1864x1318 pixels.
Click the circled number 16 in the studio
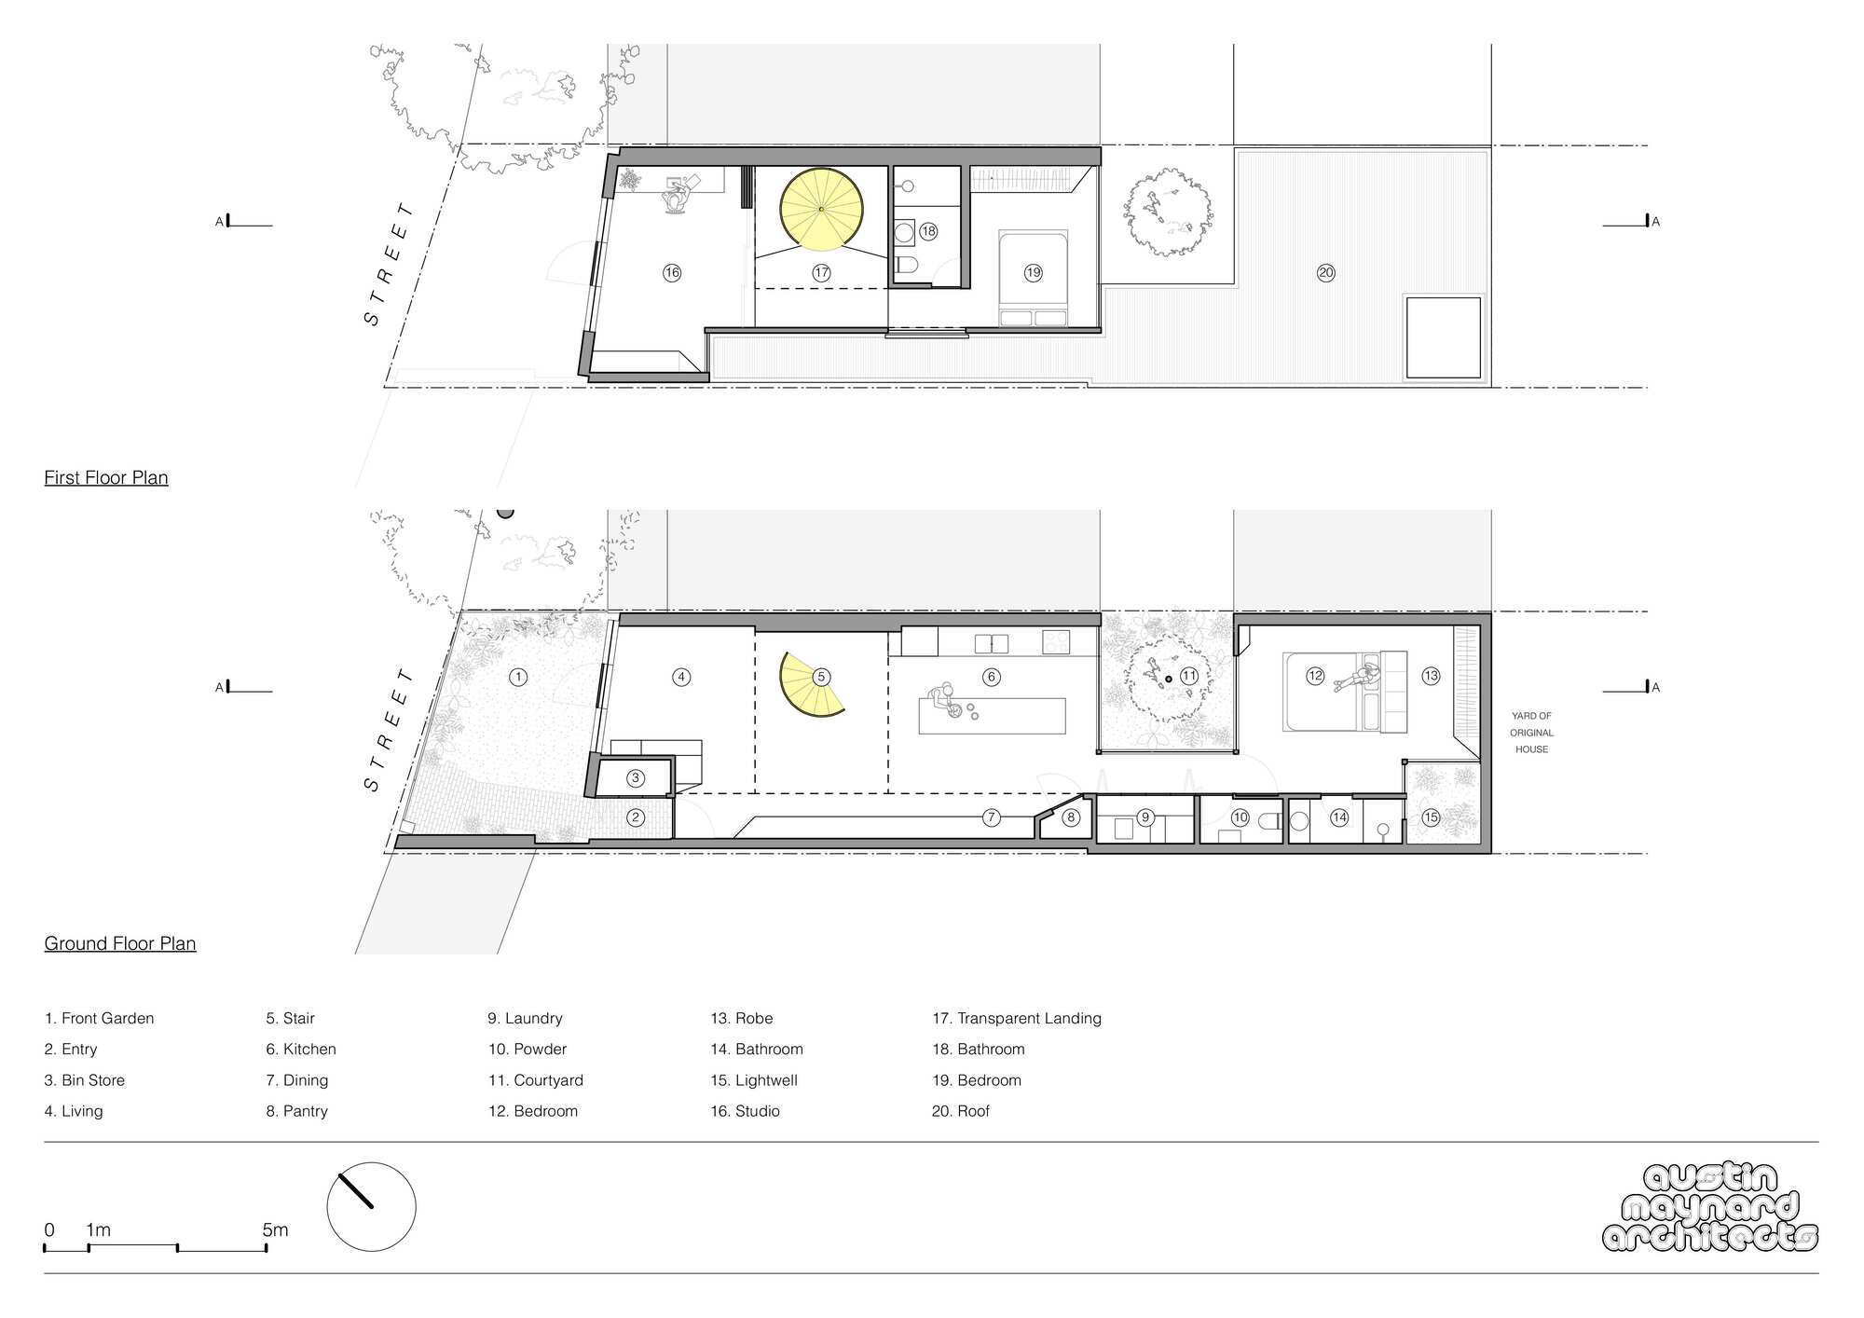point(672,273)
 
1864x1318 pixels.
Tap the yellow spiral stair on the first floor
point(820,210)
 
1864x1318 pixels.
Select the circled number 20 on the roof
point(1325,273)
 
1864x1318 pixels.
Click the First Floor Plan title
point(106,478)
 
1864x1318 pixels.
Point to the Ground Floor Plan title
point(120,944)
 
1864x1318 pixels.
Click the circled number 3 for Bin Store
point(636,778)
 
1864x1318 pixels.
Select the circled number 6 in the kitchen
point(992,678)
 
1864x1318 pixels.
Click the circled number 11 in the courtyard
point(1188,677)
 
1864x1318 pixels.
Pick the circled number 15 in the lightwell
point(1431,817)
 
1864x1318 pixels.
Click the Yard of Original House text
point(1531,733)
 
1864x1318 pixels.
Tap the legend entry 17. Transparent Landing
point(1017,1019)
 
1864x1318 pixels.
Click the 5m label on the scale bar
point(275,1230)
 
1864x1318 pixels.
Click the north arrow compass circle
point(371,1206)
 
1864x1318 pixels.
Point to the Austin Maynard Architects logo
point(1710,1207)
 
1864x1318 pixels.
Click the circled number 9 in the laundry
point(1145,817)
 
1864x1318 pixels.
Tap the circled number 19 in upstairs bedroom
point(1033,273)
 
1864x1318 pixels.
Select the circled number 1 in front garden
point(518,678)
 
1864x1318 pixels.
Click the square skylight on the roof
point(1443,337)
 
